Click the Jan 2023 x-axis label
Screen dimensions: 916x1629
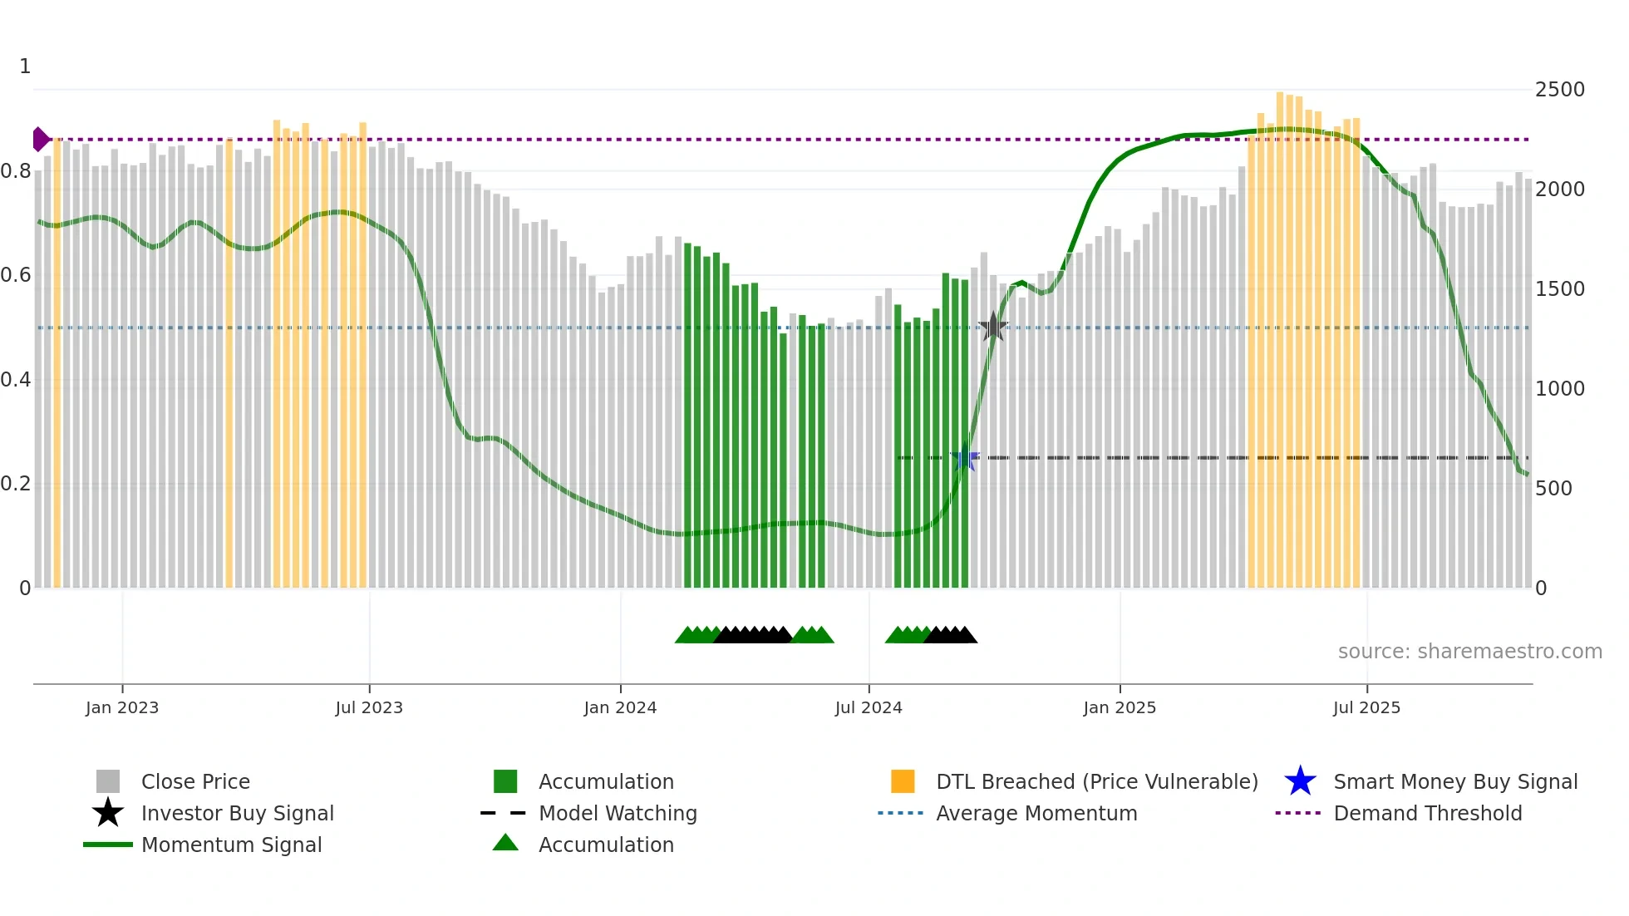(122, 707)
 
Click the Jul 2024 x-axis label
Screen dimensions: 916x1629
(869, 707)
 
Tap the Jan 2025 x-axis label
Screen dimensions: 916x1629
(1120, 707)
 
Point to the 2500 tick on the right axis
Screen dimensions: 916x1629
(1560, 90)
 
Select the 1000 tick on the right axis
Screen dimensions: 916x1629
(1560, 389)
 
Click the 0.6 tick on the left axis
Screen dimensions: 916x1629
(17, 275)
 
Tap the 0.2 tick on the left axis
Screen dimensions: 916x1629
(17, 484)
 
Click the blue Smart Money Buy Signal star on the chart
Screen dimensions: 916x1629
(965, 458)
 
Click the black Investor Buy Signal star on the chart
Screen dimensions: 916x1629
(993, 327)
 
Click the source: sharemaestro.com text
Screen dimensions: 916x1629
(1469, 652)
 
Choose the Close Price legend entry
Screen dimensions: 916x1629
(195, 781)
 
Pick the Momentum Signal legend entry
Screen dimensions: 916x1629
(231, 845)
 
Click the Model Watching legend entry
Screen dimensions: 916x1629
(618, 813)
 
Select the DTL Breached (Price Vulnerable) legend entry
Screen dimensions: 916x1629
(1097, 781)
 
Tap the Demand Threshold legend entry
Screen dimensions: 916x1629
(1428, 813)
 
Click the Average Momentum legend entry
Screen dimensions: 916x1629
(1036, 813)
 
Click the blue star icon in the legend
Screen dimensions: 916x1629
(1300, 781)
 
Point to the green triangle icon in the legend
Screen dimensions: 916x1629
(505, 844)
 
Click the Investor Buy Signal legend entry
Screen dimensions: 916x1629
(237, 813)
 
